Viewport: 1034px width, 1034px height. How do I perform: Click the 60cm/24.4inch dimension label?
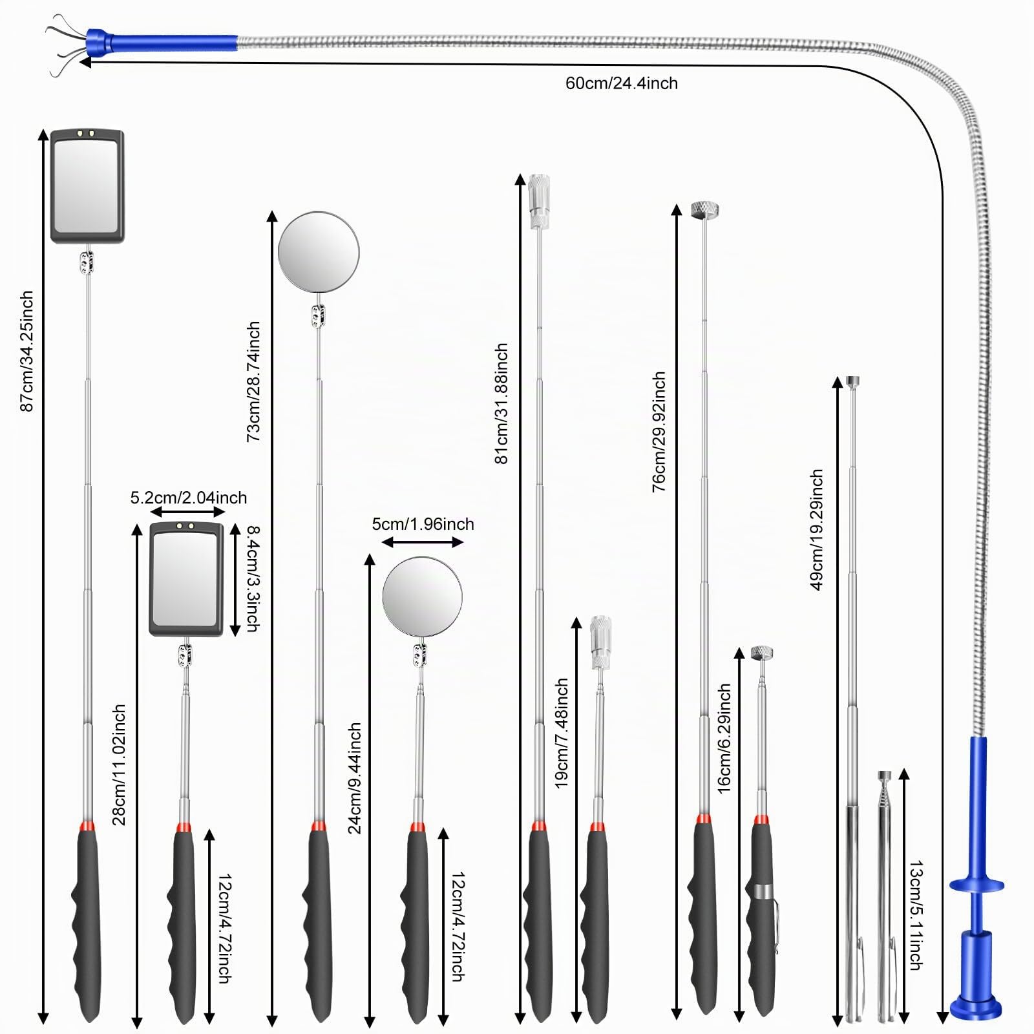(622, 83)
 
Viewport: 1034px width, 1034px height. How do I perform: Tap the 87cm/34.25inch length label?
(26, 351)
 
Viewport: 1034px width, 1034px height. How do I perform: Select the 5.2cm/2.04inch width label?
(189, 498)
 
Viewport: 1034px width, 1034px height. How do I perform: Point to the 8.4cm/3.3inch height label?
(253, 579)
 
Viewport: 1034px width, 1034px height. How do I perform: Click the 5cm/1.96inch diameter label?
(423, 523)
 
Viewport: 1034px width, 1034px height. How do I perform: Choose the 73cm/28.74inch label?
(253, 381)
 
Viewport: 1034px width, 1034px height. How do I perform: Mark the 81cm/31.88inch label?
(501, 403)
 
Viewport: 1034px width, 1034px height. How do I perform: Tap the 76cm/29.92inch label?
(659, 432)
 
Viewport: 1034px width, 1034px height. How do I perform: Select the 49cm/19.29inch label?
(816, 530)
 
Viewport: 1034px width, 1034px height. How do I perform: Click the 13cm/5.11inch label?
(916, 915)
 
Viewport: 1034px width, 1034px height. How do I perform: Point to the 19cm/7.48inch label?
(562, 733)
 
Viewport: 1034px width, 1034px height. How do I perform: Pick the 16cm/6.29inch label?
(724, 738)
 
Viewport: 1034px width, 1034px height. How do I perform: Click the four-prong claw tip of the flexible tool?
(67, 43)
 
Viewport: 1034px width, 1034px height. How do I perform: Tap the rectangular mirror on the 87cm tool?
(87, 187)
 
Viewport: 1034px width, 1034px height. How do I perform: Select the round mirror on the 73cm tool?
(319, 251)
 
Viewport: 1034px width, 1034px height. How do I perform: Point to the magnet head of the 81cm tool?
(539, 201)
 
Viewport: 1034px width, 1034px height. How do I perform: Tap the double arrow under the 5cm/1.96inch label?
(423, 542)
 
